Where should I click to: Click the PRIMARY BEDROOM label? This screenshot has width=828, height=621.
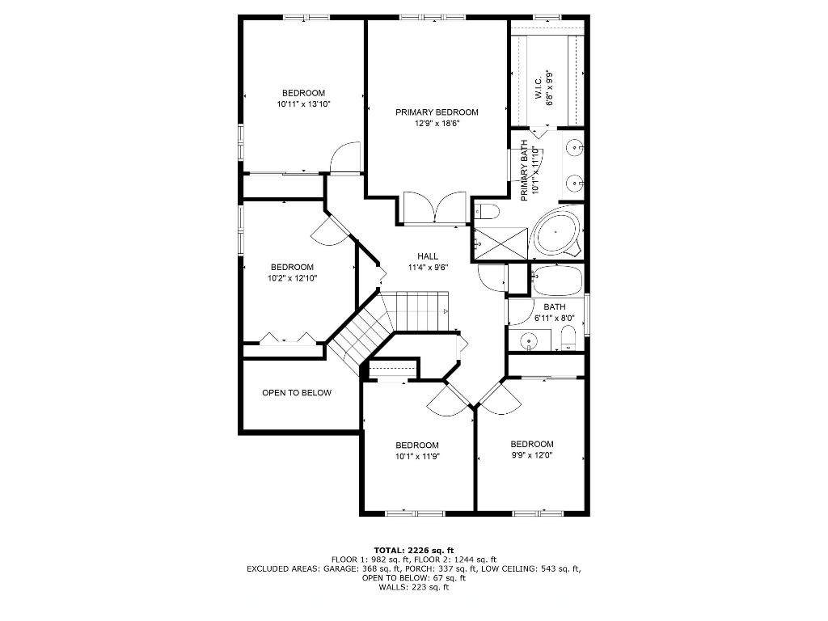(x=437, y=112)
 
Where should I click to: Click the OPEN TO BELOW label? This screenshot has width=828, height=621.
(x=297, y=393)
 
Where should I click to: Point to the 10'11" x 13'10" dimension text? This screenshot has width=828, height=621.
(x=303, y=104)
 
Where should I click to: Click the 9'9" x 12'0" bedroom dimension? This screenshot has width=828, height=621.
(x=531, y=456)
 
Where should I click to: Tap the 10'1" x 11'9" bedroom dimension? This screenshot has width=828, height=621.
(x=416, y=457)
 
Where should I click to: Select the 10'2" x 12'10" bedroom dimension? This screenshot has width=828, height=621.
(x=292, y=278)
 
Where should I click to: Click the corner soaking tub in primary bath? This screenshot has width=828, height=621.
(x=556, y=231)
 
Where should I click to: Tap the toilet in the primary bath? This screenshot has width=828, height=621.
(x=487, y=212)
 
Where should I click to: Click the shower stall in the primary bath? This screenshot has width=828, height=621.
(x=500, y=243)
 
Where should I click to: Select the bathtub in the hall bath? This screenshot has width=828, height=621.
(x=556, y=281)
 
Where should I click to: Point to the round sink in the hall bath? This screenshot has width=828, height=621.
(x=530, y=342)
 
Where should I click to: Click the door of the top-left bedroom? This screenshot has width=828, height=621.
(x=346, y=158)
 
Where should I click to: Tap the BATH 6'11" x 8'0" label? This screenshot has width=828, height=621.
(x=554, y=312)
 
